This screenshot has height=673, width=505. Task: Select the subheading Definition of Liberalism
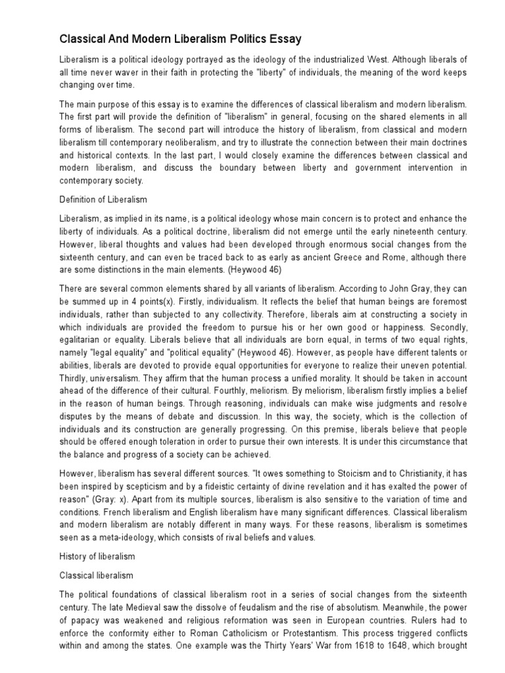103,198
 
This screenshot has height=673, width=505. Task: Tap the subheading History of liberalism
97,556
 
